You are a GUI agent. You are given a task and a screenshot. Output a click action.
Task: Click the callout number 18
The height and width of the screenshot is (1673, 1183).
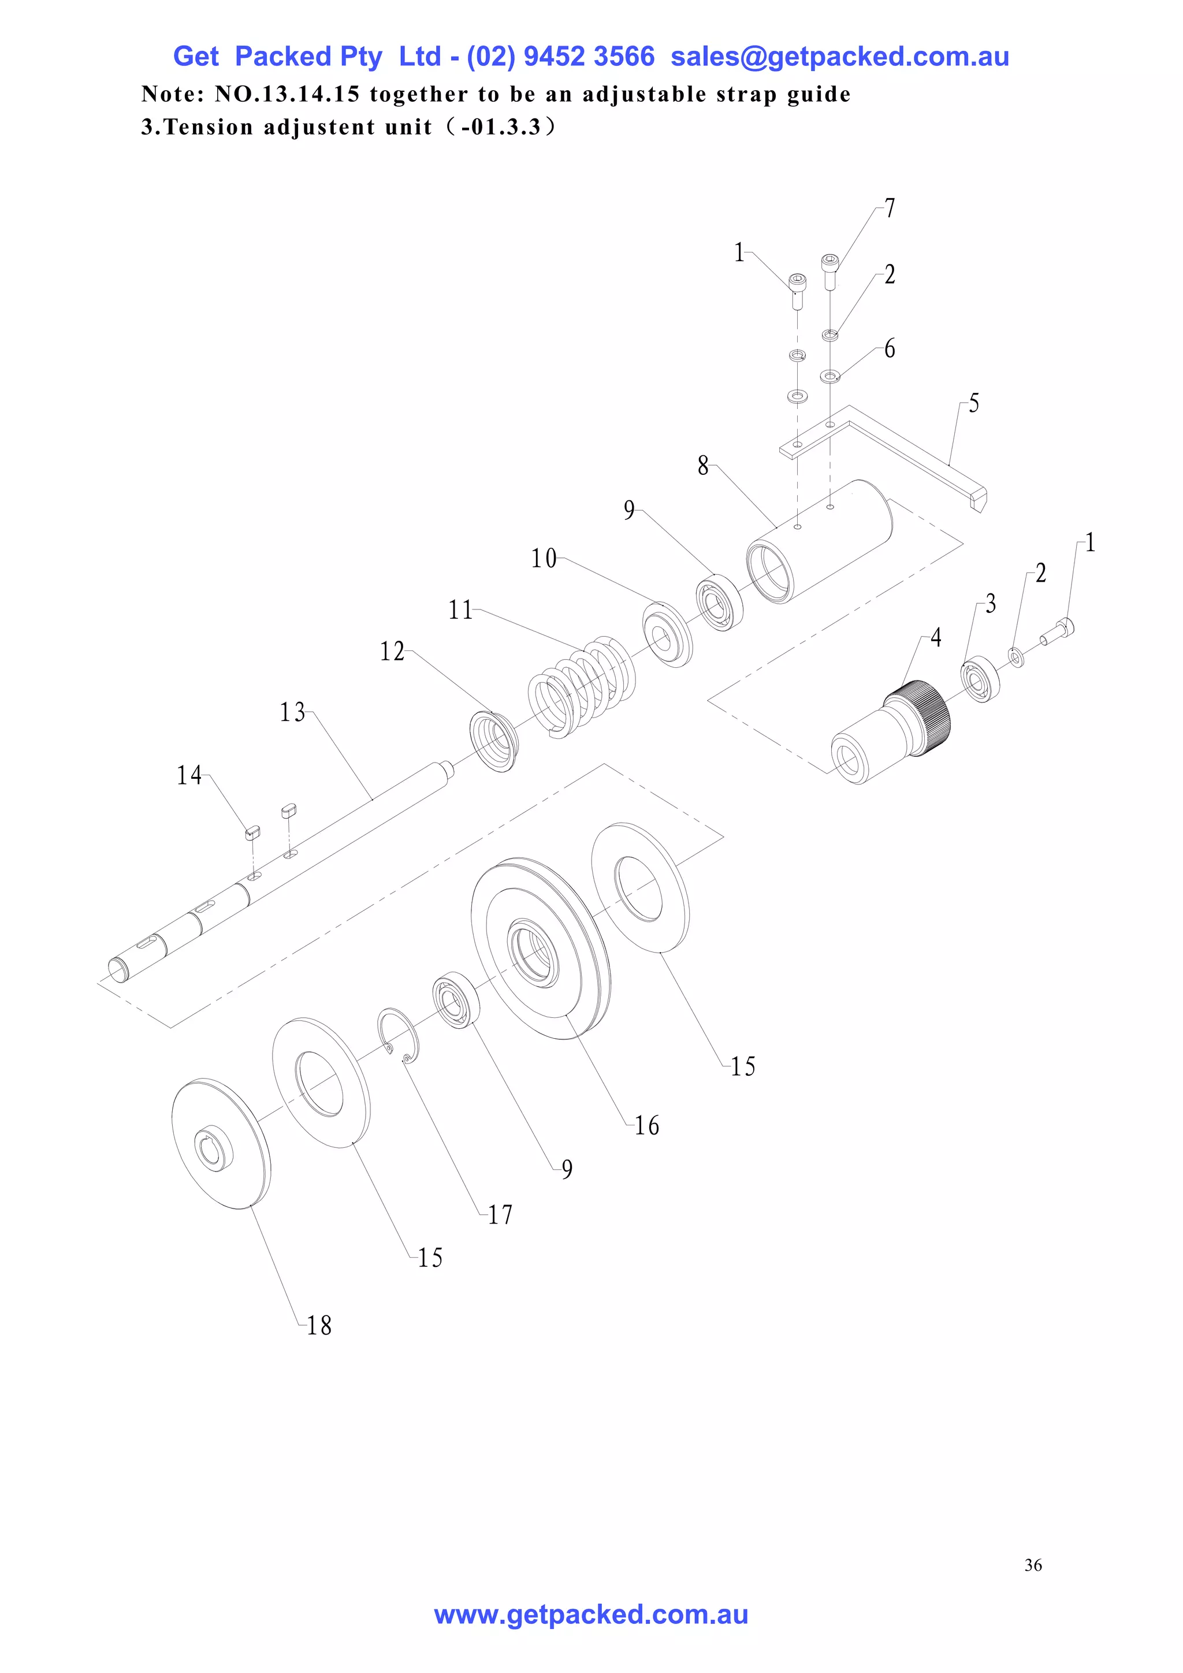coord(319,1325)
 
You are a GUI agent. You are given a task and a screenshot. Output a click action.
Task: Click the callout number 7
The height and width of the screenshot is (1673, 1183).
coord(890,209)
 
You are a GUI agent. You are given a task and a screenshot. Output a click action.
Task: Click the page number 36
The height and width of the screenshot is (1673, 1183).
coord(1032,1565)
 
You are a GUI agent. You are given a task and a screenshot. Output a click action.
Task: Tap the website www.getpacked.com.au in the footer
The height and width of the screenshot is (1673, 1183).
coord(591,1615)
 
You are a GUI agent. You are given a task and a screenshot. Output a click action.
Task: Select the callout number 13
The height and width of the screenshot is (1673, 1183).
coord(293,712)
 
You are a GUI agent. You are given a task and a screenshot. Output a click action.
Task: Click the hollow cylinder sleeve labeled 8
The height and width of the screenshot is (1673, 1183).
coord(820,541)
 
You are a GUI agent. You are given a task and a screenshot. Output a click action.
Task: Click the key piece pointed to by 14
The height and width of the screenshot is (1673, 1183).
coord(252,831)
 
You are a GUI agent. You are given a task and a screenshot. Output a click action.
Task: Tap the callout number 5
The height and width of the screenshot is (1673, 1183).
coord(974,403)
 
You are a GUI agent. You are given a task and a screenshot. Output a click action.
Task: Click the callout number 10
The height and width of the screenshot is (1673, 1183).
coord(544,559)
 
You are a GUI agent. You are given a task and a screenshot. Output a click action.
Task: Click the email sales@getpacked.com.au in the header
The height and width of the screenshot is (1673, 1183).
coord(839,56)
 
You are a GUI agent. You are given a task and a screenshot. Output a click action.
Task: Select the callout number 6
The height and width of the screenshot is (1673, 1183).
coord(890,349)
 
